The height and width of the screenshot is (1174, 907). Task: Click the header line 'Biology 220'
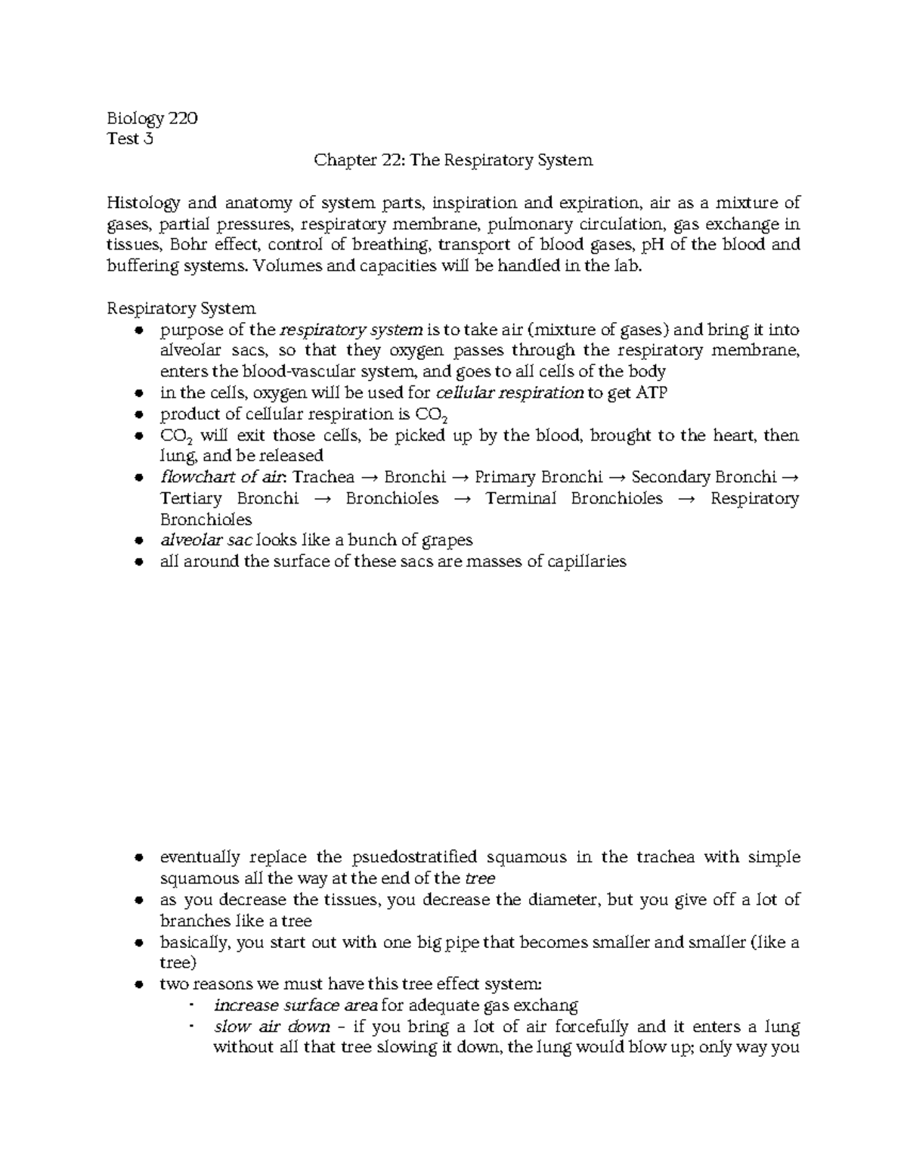click(153, 119)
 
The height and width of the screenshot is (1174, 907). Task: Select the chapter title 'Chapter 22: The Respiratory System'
click(453, 160)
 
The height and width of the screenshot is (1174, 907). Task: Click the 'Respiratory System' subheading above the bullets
click(181, 308)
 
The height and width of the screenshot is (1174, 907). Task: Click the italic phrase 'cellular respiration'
click(510, 393)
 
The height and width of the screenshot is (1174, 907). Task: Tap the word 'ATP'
click(652, 393)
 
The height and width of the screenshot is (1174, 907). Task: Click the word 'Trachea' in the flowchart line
click(323, 477)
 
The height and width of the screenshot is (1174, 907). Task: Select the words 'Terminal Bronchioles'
click(574, 498)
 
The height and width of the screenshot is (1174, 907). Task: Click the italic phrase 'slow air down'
click(272, 1027)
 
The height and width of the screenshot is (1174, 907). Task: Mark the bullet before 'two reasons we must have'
click(138, 985)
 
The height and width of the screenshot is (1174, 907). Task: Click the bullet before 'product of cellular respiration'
click(138, 415)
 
